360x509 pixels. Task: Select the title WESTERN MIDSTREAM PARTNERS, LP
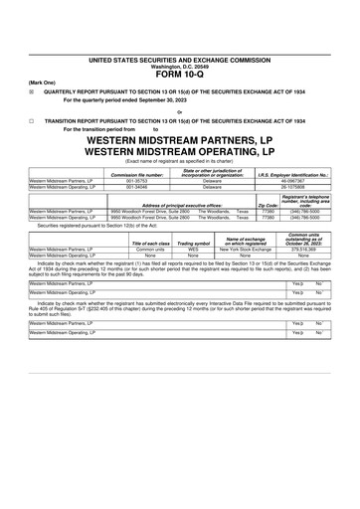(x=179, y=141)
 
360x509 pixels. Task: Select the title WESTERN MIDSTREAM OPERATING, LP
(x=179, y=153)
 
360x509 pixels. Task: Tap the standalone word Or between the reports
(x=179, y=111)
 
